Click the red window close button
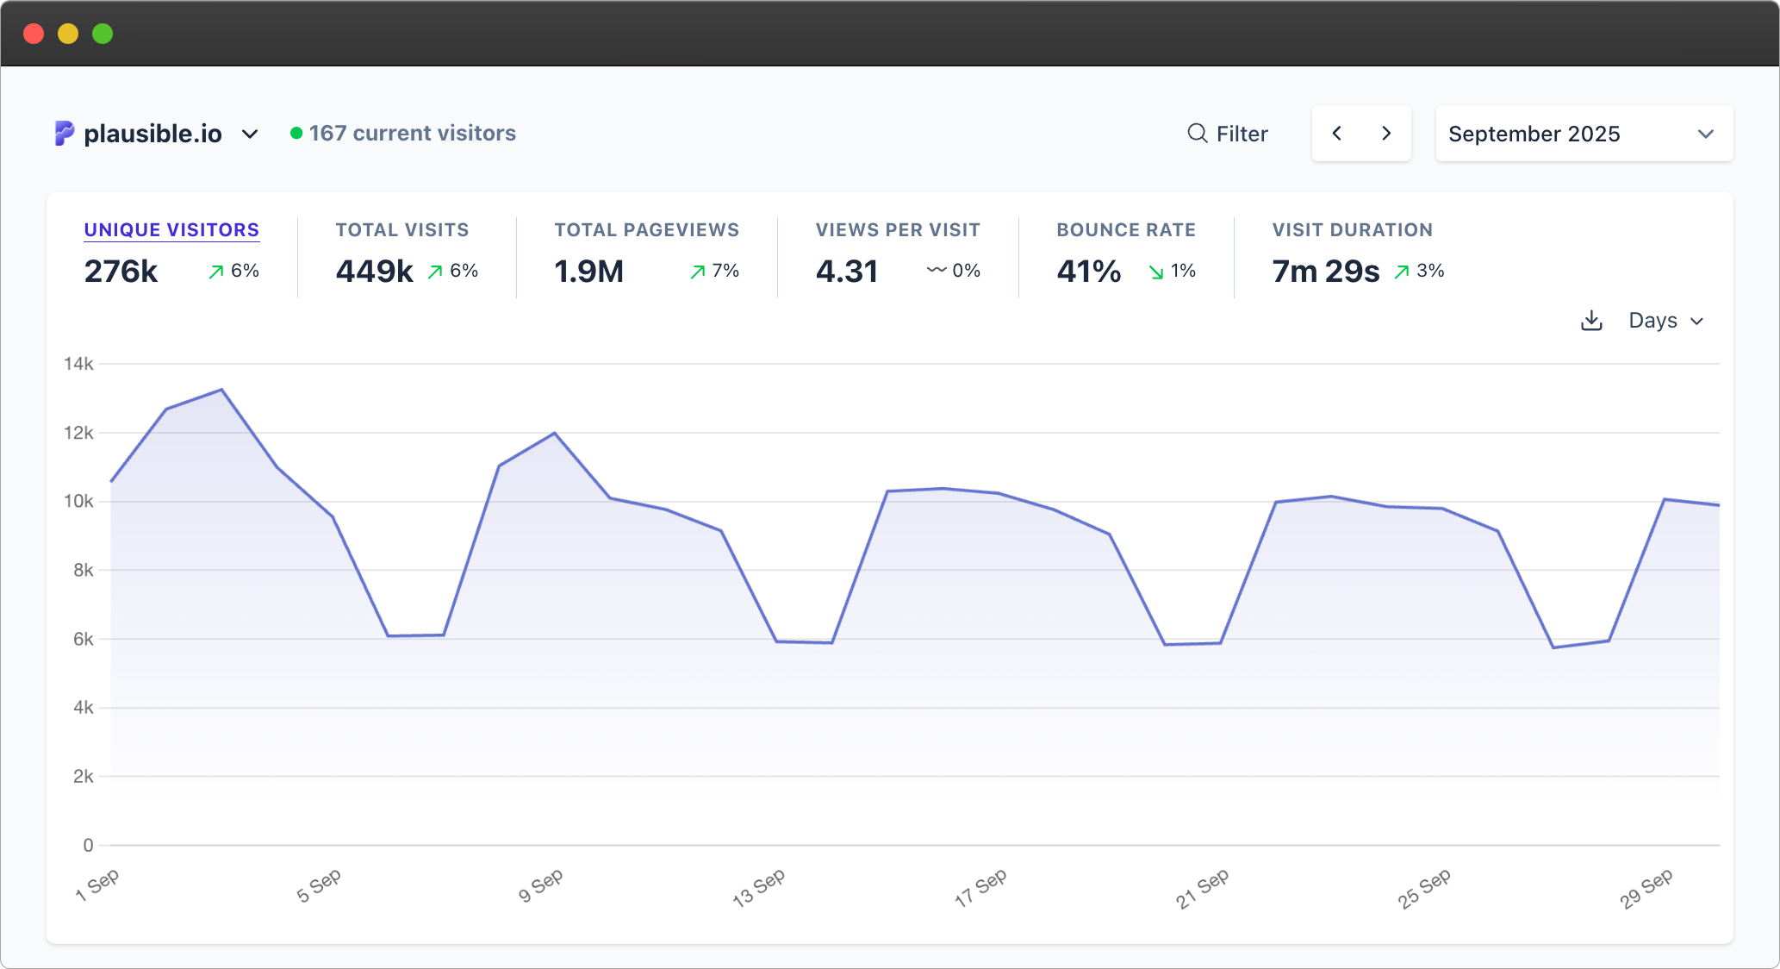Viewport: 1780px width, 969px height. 34,34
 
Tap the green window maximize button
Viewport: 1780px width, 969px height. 103,34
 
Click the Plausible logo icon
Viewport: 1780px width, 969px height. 65,133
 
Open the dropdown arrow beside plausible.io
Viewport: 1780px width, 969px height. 250,134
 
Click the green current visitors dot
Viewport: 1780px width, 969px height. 296,133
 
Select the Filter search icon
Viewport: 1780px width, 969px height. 1197,133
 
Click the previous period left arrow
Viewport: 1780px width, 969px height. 1337,133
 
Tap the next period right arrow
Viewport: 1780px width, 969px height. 1386,133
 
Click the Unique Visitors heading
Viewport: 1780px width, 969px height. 171,230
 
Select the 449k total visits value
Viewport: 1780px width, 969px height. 374,272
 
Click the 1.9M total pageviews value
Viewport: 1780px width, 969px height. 588,272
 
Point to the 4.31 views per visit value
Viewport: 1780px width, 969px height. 846,272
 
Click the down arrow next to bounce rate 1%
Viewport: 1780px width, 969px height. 1156,272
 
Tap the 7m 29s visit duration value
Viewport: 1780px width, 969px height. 1325,272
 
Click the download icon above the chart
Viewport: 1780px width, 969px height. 1591,321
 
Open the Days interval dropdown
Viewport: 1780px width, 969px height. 1665,321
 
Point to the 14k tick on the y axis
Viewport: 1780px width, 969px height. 78,364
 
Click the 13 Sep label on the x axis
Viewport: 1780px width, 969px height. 759,888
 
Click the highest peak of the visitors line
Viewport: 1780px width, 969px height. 222,390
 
